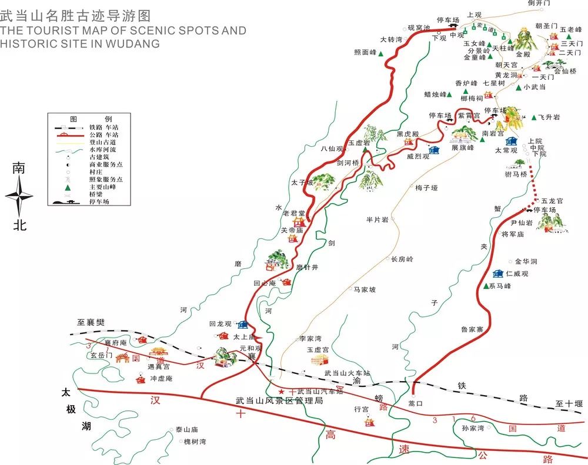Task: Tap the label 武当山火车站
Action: tap(348, 373)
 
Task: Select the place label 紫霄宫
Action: tap(469, 115)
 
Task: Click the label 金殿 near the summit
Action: tap(523, 53)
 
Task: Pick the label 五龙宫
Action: tap(552, 201)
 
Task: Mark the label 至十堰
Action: tap(569, 403)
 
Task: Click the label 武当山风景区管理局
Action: tap(279, 400)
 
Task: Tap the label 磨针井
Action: tap(307, 267)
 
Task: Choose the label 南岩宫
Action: tap(493, 134)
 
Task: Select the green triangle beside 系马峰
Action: tap(486, 286)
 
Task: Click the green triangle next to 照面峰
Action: tap(381, 53)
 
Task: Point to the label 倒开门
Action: tap(539, 4)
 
